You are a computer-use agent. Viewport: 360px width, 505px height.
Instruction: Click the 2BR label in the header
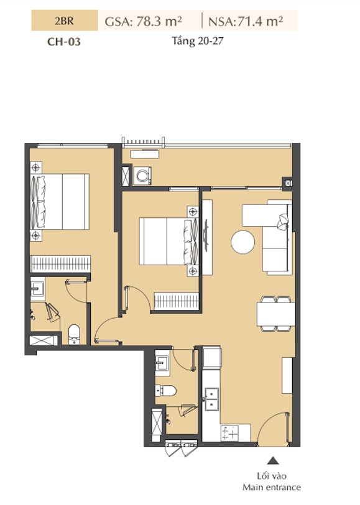click(64, 21)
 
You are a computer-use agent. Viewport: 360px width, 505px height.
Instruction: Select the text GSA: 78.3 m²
click(144, 21)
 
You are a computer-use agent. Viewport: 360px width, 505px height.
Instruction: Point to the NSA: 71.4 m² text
click(246, 21)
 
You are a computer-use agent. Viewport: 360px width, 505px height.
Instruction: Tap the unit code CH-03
click(64, 42)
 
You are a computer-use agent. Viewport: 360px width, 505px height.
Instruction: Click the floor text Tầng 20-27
click(197, 41)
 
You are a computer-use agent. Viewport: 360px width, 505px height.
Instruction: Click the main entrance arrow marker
click(273, 460)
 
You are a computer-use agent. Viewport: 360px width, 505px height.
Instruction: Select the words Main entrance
click(271, 487)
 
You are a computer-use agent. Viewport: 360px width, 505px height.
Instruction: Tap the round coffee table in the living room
click(242, 242)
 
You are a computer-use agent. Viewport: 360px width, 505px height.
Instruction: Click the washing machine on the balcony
click(142, 176)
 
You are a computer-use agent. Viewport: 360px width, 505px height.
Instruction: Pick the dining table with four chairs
click(276, 314)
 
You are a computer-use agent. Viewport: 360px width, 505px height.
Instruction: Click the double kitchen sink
click(211, 399)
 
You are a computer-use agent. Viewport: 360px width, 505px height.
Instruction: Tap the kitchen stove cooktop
click(230, 433)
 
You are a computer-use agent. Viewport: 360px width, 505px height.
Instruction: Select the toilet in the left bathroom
click(74, 334)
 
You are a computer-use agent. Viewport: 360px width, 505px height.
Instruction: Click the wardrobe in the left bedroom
click(60, 264)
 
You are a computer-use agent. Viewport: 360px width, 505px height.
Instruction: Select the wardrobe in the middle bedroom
click(177, 301)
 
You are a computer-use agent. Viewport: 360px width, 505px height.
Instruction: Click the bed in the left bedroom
click(60, 202)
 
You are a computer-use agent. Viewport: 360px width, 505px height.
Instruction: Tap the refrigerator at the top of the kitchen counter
click(212, 358)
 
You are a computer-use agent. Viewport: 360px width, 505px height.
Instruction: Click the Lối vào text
click(272, 476)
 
